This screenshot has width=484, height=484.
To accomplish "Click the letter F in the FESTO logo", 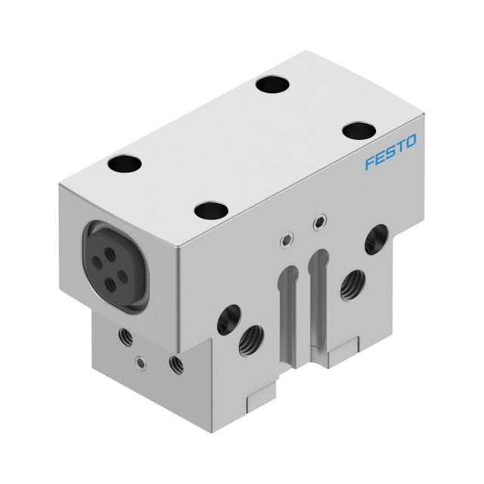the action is [x=370, y=163].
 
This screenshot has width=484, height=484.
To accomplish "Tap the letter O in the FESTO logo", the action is [x=410, y=141].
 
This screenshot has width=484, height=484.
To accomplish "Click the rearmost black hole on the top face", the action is [x=274, y=84].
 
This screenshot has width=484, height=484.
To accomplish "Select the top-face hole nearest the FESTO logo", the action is [x=359, y=130].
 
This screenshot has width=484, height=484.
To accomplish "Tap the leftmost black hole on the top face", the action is [x=124, y=163].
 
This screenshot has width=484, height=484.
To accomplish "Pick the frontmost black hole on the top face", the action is [x=211, y=210].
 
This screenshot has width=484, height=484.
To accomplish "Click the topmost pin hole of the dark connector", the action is [x=110, y=256].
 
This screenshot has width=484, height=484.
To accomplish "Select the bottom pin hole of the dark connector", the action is [x=111, y=284].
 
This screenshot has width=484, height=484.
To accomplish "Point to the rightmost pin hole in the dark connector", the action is [x=123, y=276].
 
